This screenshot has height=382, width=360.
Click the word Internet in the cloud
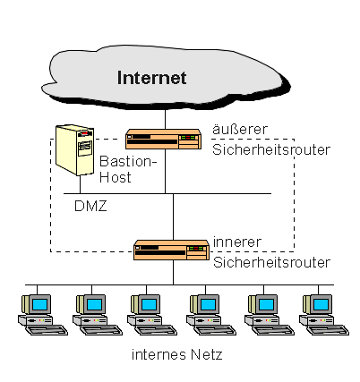(151, 78)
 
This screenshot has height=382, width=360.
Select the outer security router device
(163, 139)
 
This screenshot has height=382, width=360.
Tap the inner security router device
(171, 250)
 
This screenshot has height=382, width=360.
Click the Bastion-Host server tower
(75, 150)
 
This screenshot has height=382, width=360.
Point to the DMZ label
(90, 206)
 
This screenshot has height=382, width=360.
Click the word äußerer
(240, 129)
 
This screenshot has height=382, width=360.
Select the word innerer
(237, 242)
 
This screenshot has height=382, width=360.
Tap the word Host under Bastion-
(116, 177)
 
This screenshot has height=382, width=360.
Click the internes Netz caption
(177, 354)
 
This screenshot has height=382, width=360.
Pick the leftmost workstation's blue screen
(40, 305)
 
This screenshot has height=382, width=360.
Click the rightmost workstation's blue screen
(321, 305)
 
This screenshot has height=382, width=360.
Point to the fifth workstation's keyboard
(274, 330)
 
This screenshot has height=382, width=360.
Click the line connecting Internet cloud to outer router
(165, 119)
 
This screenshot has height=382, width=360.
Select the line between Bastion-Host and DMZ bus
(80, 184)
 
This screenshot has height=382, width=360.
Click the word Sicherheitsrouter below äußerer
(271, 149)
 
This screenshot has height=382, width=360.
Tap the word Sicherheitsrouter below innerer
(271, 262)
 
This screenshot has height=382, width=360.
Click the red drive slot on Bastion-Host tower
(85, 133)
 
